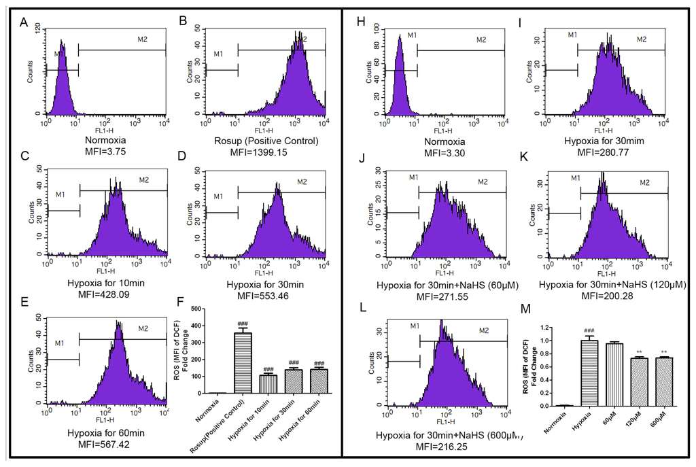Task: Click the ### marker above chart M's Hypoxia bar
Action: point(589,329)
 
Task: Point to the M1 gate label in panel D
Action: point(218,196)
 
